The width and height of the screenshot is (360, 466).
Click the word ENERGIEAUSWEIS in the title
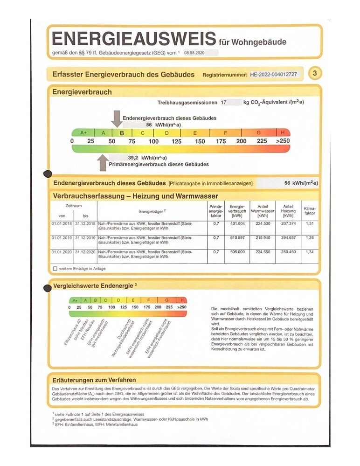pyautogui.click(x=133, y=39)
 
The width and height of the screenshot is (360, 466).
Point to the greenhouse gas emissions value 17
pyautogui.click(x=224, y=102)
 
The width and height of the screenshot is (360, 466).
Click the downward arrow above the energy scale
pyautogui.click(x=116, y=118)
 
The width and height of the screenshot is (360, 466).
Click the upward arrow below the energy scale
pyautogui.click(x=102, y=163)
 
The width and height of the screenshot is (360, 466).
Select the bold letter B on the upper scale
pyautogui.click(x=122, y=132)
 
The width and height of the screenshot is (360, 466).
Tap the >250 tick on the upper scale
pyautogui.click(x=283, y=141)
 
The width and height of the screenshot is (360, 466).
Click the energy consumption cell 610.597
pyautogui.click(x=237, y=238)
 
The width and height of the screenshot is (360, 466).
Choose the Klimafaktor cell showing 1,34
pyautogui.click(x=310, y=252)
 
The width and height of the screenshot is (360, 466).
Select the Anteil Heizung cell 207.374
pyautogui.click(x=288, y=224)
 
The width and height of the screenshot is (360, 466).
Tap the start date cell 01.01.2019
pyautogui.click(x=61, y=238)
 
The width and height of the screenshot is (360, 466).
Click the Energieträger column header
pyautogui.click(x=152, y=211)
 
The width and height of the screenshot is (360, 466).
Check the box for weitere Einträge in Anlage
pyautogui.click(x=55, y=269)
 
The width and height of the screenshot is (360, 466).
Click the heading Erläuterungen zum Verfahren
pyautogui.click(x=94, y=380)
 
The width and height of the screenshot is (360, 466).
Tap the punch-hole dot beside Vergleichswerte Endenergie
pyautogui.click(x=47, y=288)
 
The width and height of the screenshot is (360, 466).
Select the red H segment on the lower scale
pyautogui.click(x=182, y=300)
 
